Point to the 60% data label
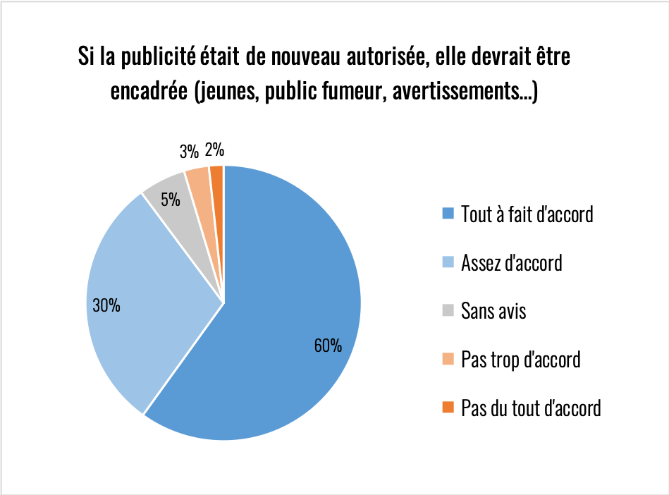click(x=329, y=346)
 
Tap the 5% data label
click(x=170, y=200)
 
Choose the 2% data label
click(x=214, y=149)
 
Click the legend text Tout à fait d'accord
click(x=527, y=214)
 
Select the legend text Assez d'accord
click(x=511, y=263)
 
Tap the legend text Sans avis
click(x=493, y=310)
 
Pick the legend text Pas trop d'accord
click(x=520, y=359)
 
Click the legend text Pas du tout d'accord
click(x=530, y=408)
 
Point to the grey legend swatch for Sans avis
click(x=447, y=310)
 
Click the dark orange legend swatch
click(x=447, y=408)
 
